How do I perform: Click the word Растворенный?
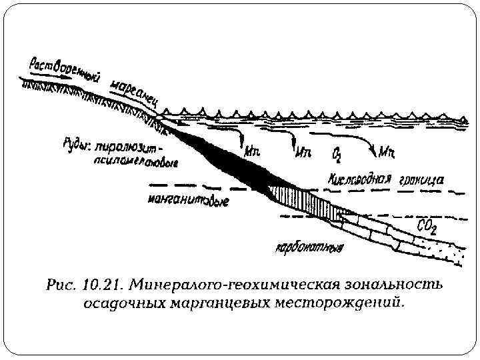pyautogui.click(x=64, y=71)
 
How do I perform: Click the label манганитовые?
pyautogui.click(x=189, y=199)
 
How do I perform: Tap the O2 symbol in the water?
pyautogui.click(x=338, y=155)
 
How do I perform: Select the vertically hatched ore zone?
pyautogui.click(x=303, y=202)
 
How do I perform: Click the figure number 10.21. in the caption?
pyautogui.click(x=99, y=287)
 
